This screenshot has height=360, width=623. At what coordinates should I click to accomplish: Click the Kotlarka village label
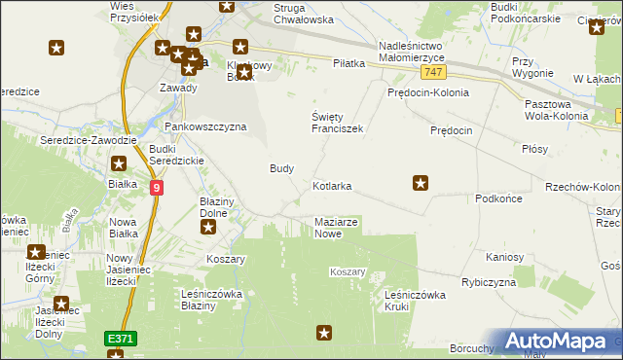click(332, 185)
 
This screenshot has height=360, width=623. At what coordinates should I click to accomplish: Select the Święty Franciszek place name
click(337, 122)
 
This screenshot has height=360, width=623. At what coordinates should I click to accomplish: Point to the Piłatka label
click(348, 63)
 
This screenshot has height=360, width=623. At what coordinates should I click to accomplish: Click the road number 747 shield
click(435, 73)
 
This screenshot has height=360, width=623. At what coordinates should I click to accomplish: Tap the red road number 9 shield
click(156, 186)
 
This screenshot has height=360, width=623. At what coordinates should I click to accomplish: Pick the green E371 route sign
click(121, 338)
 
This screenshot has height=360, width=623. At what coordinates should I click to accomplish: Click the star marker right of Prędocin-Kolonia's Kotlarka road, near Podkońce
click(421, 181)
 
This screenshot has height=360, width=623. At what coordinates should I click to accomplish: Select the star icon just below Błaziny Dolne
click(208, 228)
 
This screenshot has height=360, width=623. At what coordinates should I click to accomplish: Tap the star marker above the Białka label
click(119, 165)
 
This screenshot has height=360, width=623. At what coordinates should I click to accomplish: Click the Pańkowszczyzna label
click(204, 126)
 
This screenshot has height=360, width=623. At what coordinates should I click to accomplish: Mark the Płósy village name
click(534, 149)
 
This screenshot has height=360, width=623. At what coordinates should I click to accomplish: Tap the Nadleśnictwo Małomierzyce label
click(423, 51)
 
